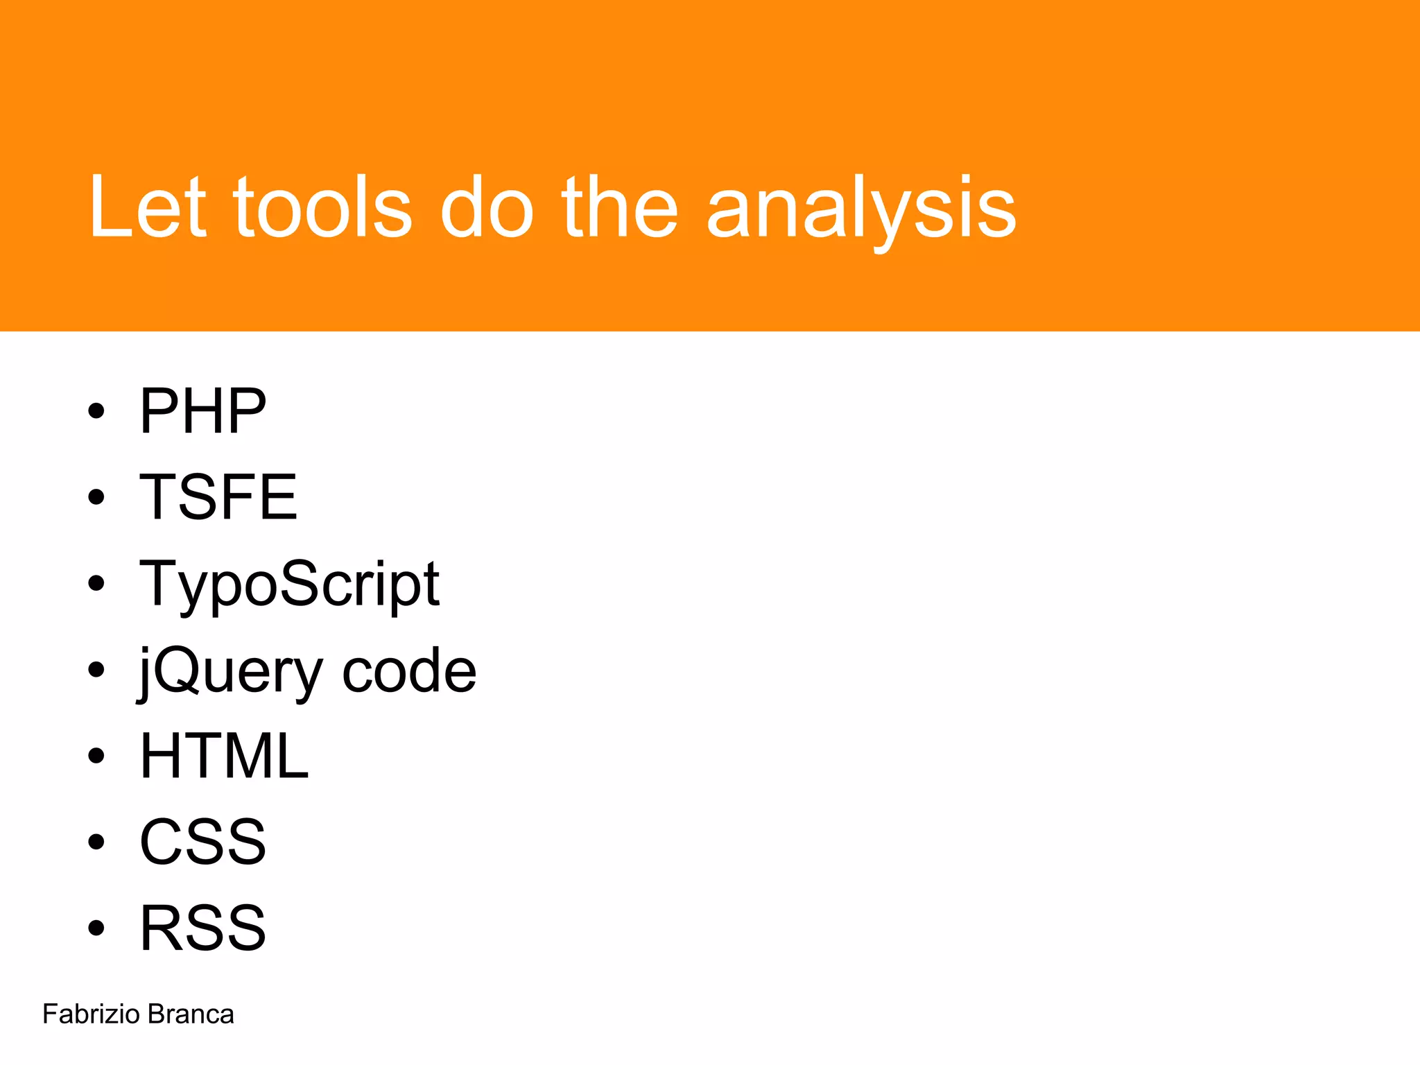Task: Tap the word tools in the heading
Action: point(322,207)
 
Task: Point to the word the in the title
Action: point(619,207)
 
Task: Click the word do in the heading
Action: point(487,207)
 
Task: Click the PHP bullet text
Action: point(202,411)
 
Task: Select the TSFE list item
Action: point(218,496)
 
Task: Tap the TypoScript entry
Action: point(289,585)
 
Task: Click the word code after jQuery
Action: point(409,670)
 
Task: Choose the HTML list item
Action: point(224,756)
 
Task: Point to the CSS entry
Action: point(202,842)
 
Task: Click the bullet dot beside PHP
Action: point(96,411)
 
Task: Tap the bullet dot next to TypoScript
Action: point(96,584)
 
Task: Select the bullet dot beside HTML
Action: point(96,756)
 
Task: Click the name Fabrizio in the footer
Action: point(91,1014)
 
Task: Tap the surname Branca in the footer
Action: point(191,1014)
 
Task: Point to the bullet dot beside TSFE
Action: point(96,497)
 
